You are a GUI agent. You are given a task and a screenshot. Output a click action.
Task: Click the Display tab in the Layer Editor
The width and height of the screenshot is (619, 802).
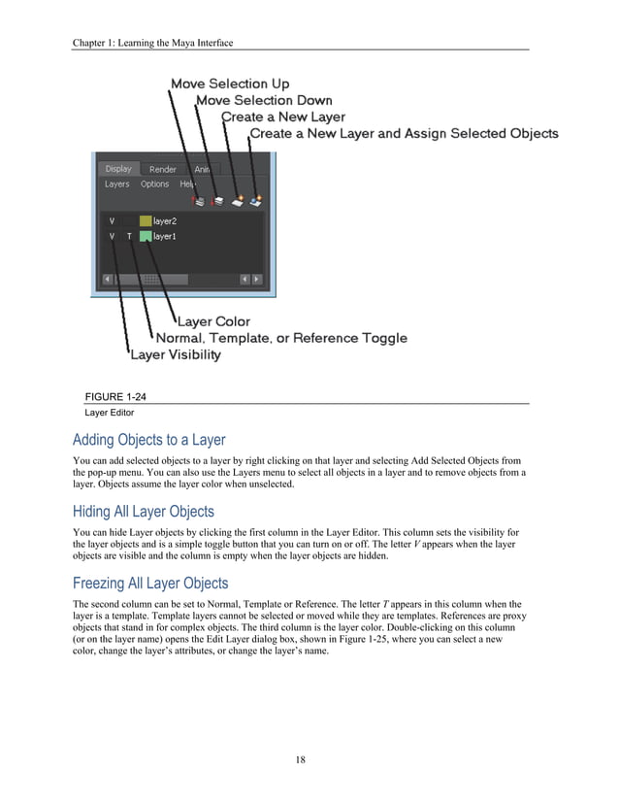tap(118, 169)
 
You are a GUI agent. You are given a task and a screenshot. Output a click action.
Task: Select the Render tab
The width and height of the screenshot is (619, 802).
tap(163, 170)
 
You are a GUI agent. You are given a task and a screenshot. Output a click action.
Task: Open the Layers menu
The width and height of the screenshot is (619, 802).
tap(117, 184)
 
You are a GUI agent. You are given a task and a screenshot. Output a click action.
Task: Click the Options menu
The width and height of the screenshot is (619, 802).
tap(154, 184)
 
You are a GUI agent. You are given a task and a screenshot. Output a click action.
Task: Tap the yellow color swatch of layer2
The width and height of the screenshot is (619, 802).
tap(146, 221)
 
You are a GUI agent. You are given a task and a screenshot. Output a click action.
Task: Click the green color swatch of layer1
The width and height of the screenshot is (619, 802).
tap(146, 236)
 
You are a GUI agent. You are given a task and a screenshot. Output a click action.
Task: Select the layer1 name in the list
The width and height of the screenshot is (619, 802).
tap(165, 236)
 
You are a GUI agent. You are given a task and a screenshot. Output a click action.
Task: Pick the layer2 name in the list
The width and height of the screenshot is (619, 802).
tap(165, 221)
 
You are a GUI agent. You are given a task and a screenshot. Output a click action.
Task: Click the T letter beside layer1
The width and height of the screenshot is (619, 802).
tap(129, 236)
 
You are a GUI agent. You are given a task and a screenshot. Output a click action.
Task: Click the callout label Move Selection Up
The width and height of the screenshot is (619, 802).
tap(230, 84)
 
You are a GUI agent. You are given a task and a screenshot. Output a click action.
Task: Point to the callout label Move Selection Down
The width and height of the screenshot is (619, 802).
tap(264, 100)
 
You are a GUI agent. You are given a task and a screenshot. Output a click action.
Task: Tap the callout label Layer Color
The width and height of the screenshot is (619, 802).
tap(213, 321)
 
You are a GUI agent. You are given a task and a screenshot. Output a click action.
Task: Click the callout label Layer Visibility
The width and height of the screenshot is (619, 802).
tap(176, 354)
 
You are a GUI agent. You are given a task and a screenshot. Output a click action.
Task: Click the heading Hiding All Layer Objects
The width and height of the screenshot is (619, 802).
tap(144, 512)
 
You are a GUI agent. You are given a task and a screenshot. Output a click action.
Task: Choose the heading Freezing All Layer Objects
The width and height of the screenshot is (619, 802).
tap(150, 584)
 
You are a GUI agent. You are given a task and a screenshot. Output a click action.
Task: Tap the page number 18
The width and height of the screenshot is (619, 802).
tap(301, 759)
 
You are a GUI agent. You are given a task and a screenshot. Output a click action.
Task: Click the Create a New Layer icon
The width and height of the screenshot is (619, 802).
tap(238, 201)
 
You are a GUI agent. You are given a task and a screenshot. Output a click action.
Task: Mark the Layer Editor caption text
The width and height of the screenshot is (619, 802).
tap(107, 413)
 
